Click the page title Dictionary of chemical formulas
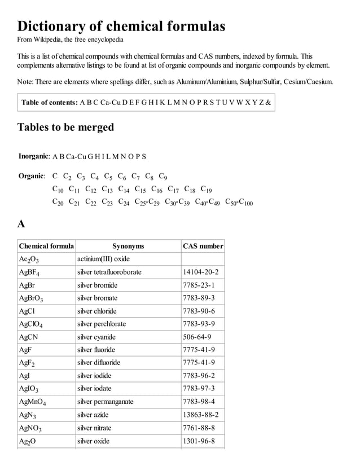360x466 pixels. [121, 26]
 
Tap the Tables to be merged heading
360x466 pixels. [65, 127]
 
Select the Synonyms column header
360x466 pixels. [128, 246]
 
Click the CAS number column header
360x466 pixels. [203, 246]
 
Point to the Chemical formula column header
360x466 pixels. [46, 246]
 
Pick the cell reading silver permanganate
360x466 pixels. [106, 402]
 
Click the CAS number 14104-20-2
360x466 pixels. [200, 272]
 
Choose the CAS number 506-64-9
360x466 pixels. [196, 337]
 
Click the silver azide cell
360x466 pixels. [94, 415]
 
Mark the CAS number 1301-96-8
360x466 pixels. [199, 441]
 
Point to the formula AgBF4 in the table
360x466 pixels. [29, 272]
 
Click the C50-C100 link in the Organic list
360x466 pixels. [239, 201]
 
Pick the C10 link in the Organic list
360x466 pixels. [58, 189]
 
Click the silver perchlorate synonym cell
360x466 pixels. [102, 324]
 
